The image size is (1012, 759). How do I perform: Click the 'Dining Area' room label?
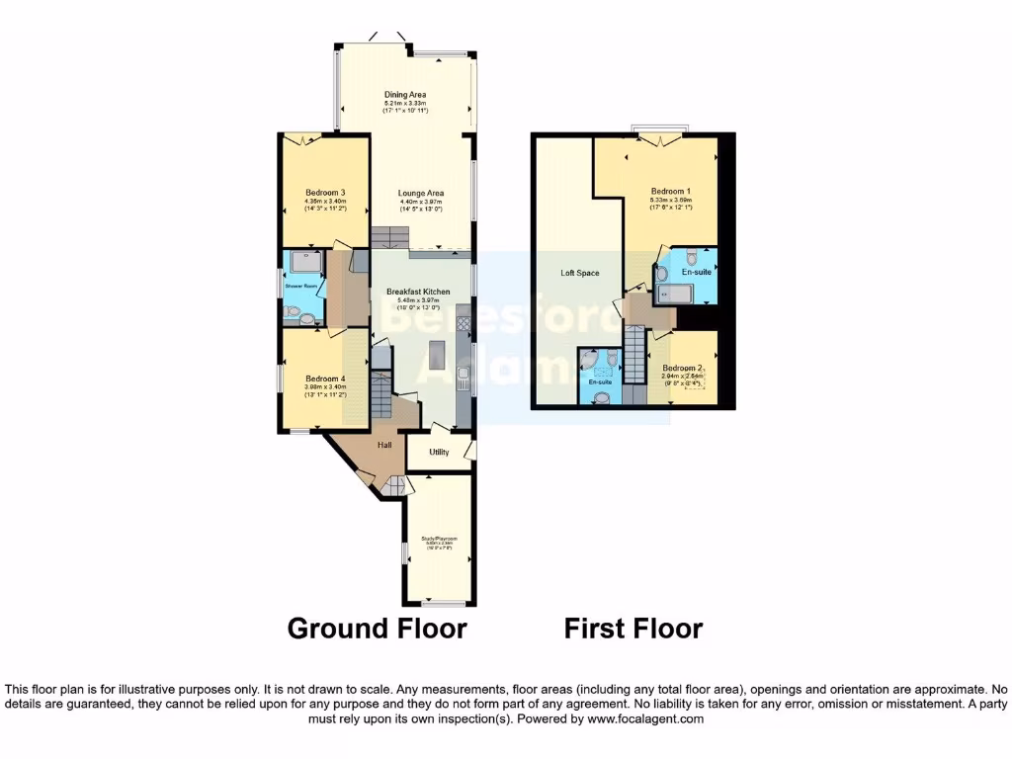405,94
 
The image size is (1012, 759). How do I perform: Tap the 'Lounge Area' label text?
421,193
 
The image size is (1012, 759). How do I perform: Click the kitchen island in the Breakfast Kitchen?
437,353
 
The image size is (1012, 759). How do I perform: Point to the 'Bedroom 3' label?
325,192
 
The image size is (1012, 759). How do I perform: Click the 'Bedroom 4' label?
325,379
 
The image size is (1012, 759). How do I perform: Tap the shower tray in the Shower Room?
304,263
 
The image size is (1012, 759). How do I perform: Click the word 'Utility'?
439,453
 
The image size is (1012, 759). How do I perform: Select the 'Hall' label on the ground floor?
383,446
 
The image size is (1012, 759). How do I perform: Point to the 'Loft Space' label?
580,273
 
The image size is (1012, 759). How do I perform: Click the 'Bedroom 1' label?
671,191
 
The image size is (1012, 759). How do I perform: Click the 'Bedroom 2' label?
682,368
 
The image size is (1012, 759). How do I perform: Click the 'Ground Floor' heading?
377,628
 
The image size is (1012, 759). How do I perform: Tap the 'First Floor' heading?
633,628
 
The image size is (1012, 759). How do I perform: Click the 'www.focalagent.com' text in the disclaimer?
645,719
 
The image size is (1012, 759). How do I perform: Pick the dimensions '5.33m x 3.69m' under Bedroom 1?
671,200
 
